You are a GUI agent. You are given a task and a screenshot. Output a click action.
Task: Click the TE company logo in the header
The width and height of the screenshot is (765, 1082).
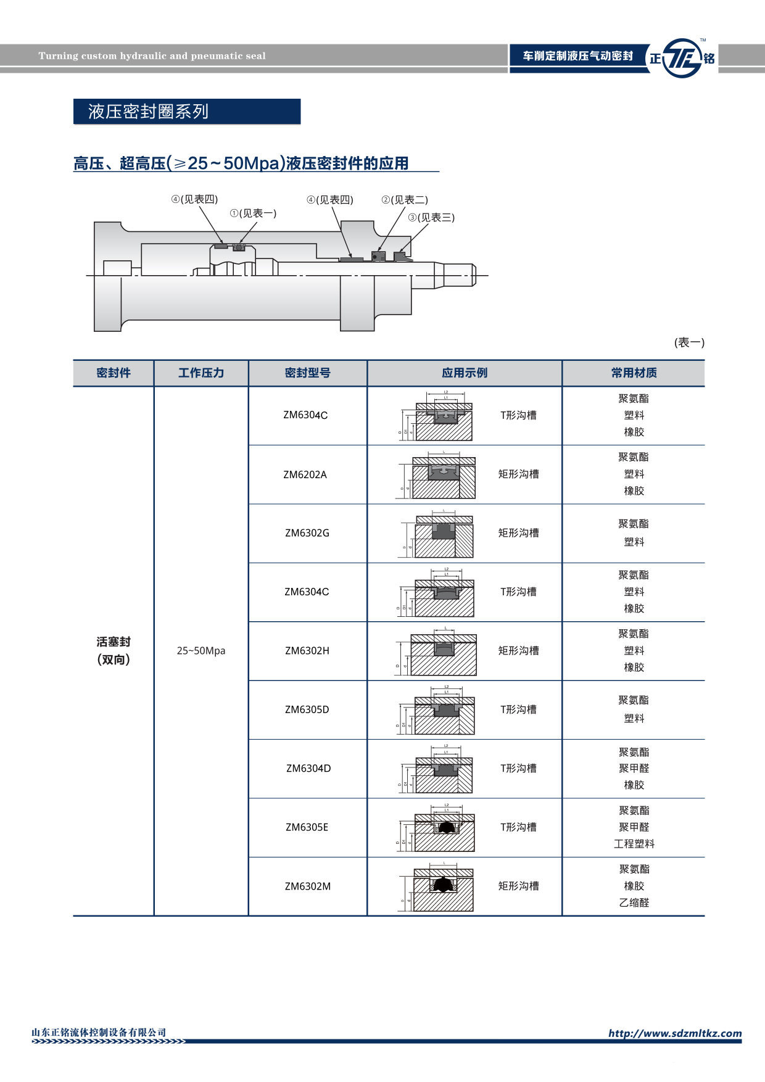pyautogui.click(x=682, y=58)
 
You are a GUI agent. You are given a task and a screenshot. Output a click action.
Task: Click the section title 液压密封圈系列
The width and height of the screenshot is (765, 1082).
pyautogui.click(x=148, y=112)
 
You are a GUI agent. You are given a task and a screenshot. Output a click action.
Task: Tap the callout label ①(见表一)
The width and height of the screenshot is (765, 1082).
pyautogui.click(x=253, y=213)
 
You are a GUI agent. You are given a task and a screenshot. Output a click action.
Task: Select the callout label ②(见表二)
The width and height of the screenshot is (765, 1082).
pyautogui.click(x=405, y=200)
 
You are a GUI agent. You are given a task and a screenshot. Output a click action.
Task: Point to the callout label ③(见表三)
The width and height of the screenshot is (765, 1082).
pyautogui.click(x=431, y=218)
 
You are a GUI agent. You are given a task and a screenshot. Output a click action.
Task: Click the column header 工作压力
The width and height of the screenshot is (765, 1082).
pyautogui.click(x=201, y=373)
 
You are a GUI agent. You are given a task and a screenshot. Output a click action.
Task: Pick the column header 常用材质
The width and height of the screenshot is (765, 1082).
pyautogui.click(x=634, y=373)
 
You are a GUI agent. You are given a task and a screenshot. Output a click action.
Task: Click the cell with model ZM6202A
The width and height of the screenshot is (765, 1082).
pyautogui.click(x=305, y=474)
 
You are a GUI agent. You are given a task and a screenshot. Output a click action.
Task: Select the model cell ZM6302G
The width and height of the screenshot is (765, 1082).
pyautogui.click(x=307, y=533)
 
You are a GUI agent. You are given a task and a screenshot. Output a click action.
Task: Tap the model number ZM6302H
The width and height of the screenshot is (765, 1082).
pyautogui.click(x=307, y=651)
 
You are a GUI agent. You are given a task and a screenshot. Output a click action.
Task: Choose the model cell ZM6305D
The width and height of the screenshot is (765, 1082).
pyautogui.click(x=307, y=709)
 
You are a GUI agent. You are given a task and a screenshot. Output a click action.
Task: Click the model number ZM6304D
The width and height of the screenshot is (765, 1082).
pyautogui.click(x=308, y=768)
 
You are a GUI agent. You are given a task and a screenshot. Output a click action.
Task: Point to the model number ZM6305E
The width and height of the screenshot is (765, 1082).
pyautogui.click(x=307, y=827)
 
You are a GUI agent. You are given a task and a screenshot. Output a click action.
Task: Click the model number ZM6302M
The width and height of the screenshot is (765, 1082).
pyautogui.click(x=308, y=886)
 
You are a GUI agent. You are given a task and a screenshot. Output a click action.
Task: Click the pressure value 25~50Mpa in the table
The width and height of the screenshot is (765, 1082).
pyautogui.click(x=201, y=651)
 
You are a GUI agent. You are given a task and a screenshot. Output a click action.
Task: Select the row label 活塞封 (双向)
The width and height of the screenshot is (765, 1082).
pyautogui.click(x=114, y=651)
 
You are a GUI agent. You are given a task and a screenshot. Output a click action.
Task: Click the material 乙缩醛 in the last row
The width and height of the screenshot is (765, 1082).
pyautogui.click(x=634, y=903)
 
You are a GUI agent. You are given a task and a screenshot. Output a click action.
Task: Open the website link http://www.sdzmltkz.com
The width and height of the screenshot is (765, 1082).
pyautogui.click(x=675, y=1033)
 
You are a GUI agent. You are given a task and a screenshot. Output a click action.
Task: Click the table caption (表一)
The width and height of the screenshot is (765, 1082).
pyautogui.click(x=689, y=342)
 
